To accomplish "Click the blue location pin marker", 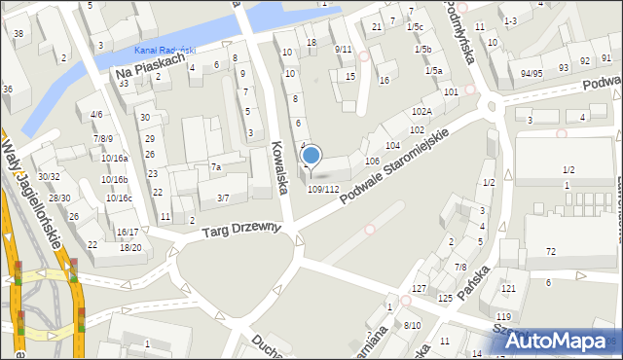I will [311, 155].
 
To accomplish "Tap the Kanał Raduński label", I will [165, 50].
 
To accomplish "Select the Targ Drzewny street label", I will [241, 230].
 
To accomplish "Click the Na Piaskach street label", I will [149, 66].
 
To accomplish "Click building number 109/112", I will [323, 189].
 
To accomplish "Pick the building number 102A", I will [421, 112].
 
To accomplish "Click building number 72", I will [551, 252].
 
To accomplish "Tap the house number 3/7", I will [222, 198].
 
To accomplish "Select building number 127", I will [419, 289].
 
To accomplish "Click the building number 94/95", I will [531, 73].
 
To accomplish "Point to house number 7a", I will [216, 167].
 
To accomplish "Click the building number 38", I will [18, 33].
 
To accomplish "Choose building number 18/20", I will [129, 247].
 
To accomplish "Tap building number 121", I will [507, 289].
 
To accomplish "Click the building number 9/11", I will [343, 49].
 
